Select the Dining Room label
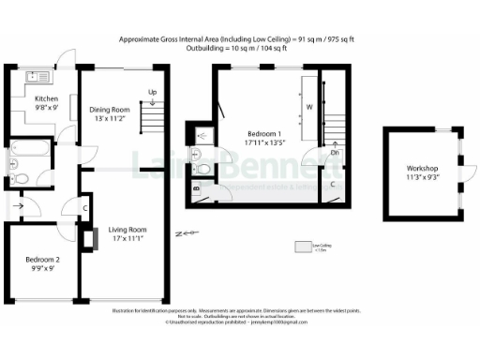[109, 110]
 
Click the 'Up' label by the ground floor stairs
[152, 92]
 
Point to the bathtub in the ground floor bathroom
[28, 147]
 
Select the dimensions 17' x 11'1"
[129, 239]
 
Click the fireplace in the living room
[88, 240]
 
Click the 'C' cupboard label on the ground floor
[84, 207]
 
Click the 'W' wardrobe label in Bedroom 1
[308, 107]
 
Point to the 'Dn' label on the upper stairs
[335, 152]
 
